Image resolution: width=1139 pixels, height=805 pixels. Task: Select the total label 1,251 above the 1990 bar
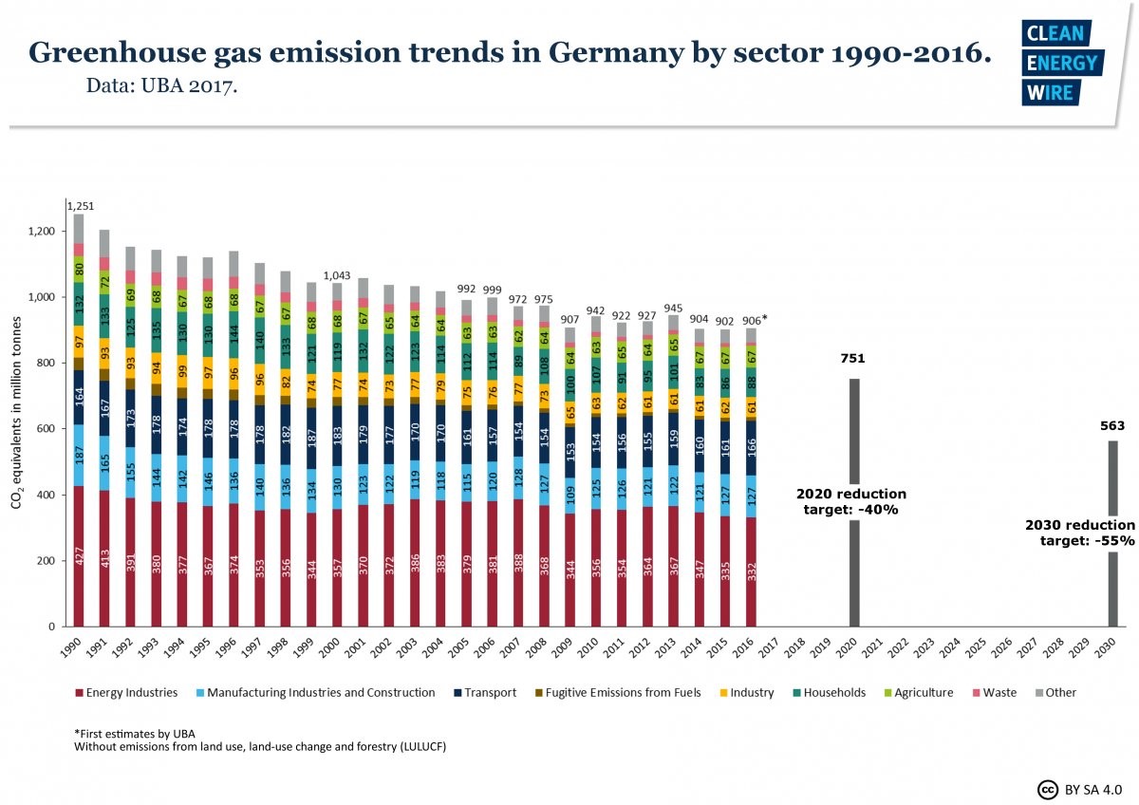80,205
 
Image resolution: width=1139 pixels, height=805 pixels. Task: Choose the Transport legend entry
485,692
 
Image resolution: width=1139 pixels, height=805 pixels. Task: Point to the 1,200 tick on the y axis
42,232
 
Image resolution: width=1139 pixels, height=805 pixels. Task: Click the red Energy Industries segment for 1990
79,556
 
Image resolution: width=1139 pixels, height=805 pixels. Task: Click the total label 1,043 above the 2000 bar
338,275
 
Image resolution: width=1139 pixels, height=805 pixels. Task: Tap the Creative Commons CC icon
1048,789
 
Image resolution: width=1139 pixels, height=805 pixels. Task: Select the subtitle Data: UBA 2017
160,85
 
